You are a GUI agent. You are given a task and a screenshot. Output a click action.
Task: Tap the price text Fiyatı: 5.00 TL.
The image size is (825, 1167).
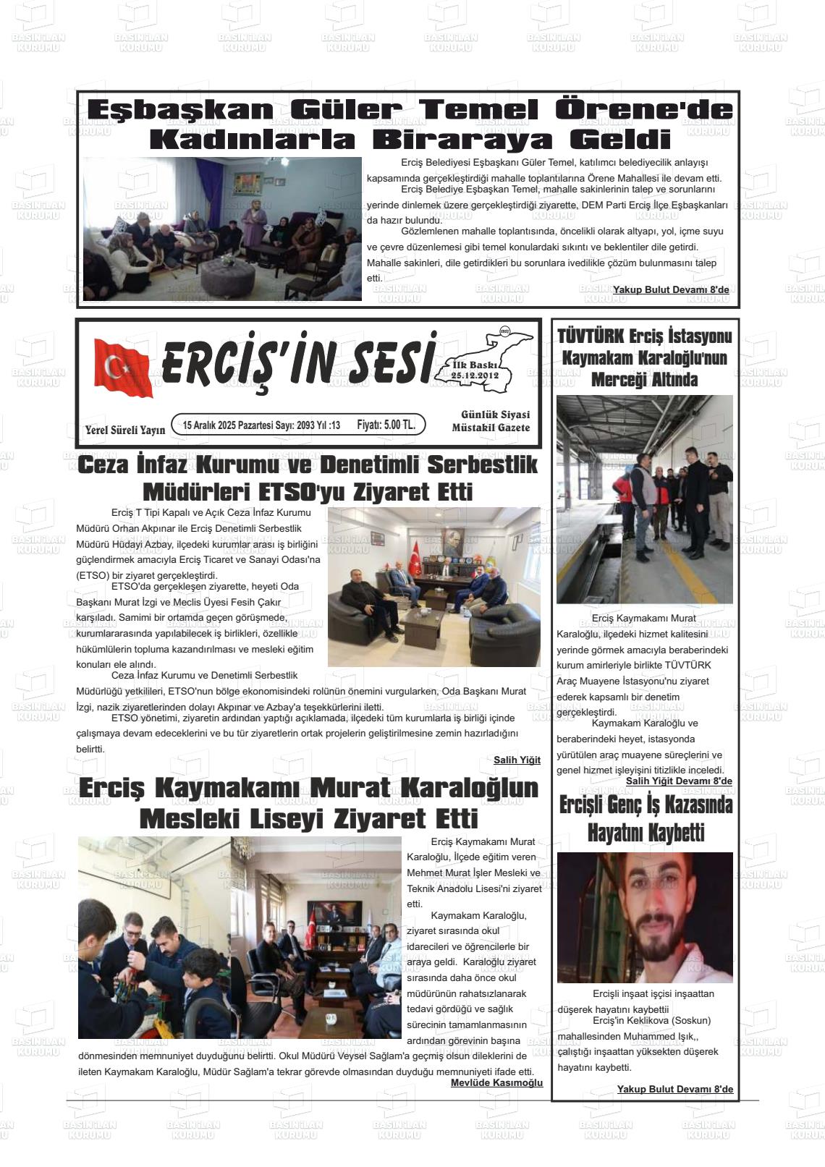[386, 425]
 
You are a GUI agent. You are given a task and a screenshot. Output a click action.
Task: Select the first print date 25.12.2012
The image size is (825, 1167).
[474, 375]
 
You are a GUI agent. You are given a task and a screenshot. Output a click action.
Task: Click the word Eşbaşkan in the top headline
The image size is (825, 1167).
[180, 110]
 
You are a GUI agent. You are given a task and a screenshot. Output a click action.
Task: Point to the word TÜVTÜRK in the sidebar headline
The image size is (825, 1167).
[590, 336]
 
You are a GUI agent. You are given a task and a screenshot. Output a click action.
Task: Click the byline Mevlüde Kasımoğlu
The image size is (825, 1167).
[496, 1082]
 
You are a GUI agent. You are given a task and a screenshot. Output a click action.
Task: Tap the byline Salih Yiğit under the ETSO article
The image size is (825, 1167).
[517, 760]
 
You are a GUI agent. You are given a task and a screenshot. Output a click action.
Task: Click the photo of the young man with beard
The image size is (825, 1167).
[644, 917]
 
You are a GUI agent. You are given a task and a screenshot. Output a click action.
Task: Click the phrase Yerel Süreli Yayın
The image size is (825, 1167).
[125, 430]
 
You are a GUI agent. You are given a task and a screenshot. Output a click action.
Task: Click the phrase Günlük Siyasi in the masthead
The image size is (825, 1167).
[495, 415]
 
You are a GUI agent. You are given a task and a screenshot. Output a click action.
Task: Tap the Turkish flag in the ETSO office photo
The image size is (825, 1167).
[415, 558]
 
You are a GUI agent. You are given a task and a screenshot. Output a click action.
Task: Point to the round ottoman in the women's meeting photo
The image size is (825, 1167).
[227, 274]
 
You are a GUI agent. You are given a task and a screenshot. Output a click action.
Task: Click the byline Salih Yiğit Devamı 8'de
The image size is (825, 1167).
[678, 781]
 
